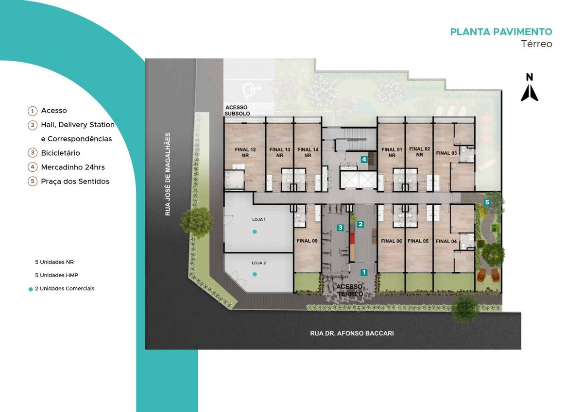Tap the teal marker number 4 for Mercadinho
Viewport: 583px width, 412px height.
(x=364, y=159)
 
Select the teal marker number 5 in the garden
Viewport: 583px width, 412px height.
(x=487, y=202)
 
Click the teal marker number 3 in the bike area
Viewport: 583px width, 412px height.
(x=340, y=228)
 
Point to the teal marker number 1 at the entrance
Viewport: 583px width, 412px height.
(x=363, y=272)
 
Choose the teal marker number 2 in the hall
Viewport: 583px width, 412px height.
(x=360, y=224)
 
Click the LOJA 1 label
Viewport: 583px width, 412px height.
(x=258, y=219)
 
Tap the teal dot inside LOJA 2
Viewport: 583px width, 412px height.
(x=255, y=274)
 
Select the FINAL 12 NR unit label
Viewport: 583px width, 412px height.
(x=245, y=152)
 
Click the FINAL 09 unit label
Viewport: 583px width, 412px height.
(x=307, y=241)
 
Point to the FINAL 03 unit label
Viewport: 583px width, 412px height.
(x=446, y=153)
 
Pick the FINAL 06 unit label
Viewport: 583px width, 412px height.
(x=392, y=241)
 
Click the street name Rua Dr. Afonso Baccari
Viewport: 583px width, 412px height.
(x=352, y=333)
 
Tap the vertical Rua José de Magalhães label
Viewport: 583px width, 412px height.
(x=168, y=174)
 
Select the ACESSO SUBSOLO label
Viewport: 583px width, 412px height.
(x=237, y=111)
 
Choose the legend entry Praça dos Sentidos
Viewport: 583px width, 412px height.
(x=75, y=181)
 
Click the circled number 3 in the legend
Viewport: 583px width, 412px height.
(x=33, y=153)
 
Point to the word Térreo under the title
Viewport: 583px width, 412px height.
(x=536, y=44)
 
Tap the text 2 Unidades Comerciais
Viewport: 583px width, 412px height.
(x=65, y=289)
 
